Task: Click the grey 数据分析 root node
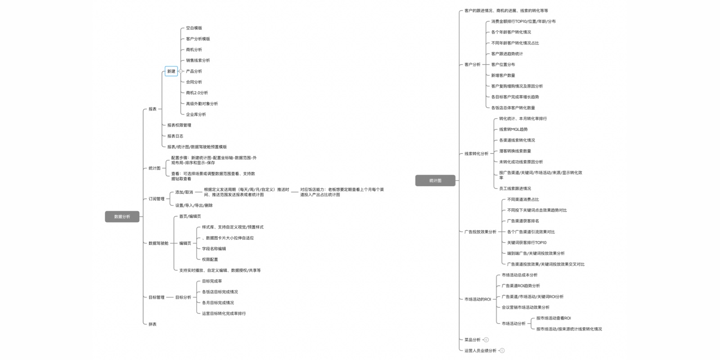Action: point(122,216)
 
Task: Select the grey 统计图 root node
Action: point(435,180)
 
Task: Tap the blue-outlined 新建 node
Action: point(171,71)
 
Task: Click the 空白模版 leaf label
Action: point(194,28)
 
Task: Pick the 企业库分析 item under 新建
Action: point(196,114)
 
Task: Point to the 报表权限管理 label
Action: point(179,125)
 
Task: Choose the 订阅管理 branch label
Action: point(157,198)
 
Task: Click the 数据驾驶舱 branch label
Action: point(158,243)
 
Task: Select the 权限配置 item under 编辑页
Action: point(210,259)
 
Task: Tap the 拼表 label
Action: point(153,324)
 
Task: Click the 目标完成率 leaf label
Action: point(212,281)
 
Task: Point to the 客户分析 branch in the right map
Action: point(472,64)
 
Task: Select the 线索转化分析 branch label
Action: point(477,153)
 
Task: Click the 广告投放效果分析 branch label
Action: point(481,232)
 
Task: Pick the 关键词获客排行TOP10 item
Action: point(527,243)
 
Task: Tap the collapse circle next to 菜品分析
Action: point(486,340)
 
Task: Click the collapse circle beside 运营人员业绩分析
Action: point(502,351)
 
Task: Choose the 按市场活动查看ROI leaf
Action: point(553,318)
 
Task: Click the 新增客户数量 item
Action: point(503,75)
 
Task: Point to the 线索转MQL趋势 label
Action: point(513,129)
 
